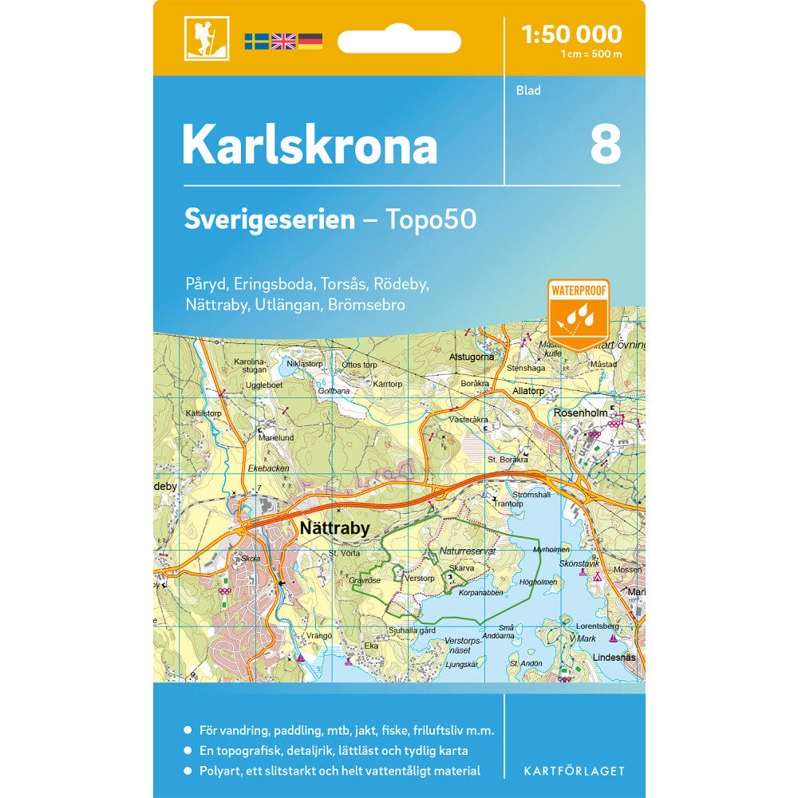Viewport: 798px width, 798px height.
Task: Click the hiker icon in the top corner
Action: (207, 38)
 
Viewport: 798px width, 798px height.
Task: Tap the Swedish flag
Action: (256, 41)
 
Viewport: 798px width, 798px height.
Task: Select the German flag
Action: (310, 41)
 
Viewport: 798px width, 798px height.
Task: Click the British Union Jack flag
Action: (283, 41)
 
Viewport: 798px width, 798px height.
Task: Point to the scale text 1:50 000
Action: (571, 34)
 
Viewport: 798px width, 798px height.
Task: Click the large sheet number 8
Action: (605, 144)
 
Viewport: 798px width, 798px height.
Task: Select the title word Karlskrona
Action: (310, 145)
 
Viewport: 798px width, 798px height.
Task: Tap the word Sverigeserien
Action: (269, 219)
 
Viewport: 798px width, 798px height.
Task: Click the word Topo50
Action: (431, 219)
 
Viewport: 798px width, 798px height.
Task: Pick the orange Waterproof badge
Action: (579, 314)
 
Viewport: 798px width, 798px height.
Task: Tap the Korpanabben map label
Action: (482, 592)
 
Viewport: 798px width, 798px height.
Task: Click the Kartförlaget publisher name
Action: (574, 771)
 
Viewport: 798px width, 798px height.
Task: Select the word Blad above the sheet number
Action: (528, 90)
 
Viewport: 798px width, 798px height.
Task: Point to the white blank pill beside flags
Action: (399, 41)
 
